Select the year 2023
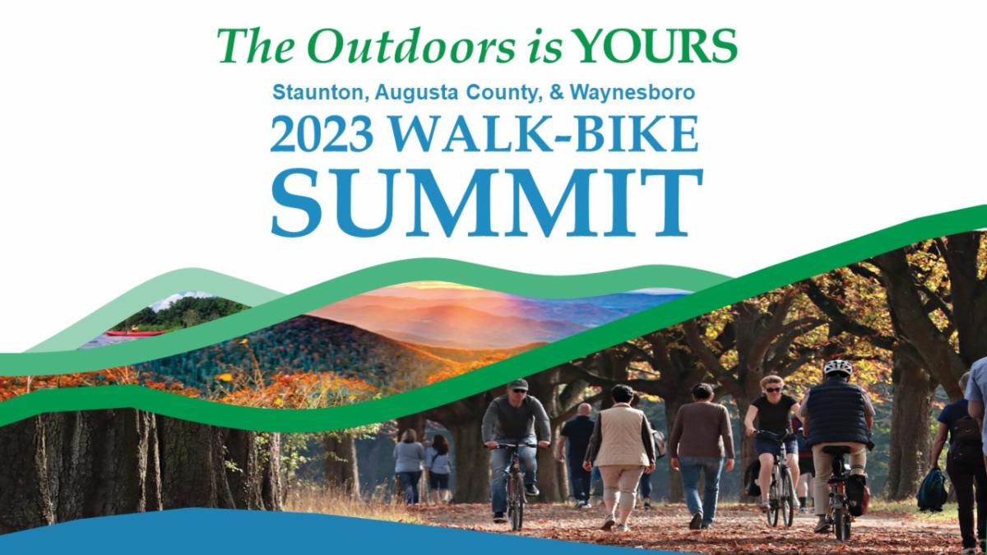pyautogui.click(x=322, y=134)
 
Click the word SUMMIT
pyautogui.click(x=487, y=201)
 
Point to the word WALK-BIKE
pyautogui.click(x=544, y=133)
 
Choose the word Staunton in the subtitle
pyautogui.click(x=321, y=92)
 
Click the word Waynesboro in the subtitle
pyautogui.click(x=633, y=93)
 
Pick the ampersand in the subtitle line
pyautogui.click(x=557, y=92)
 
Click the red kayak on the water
pyautogui.click(x=134, y=333)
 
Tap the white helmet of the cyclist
pyautogui.click(x=837, y=368)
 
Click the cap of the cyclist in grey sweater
pyautogui.click(x=517, y=384)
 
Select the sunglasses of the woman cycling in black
pyautogui.click(x=773, y=390)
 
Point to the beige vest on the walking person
pyautogui.click(x=621, y=435)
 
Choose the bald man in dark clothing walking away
pyautogui.click(x=578, y=454)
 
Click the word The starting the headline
pyautogui.click(x=256, y=46)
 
